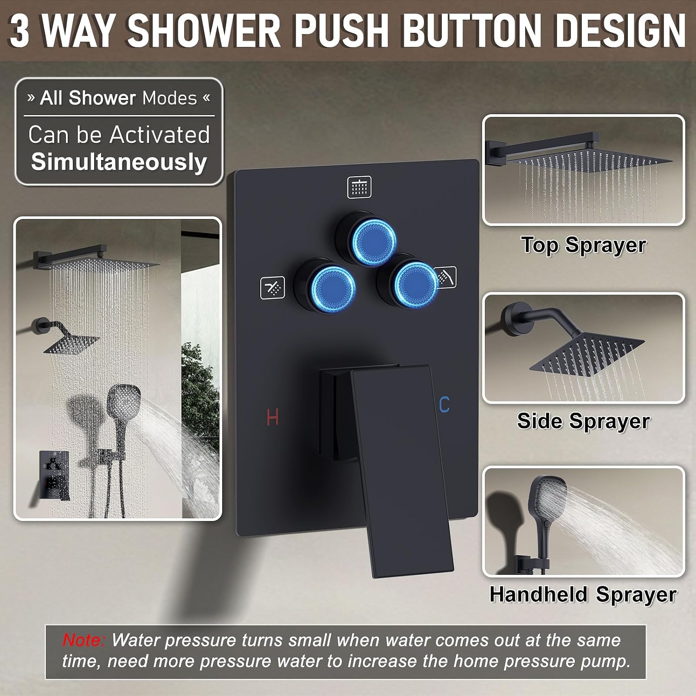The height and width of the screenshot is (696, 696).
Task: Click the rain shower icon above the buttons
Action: [359, 187]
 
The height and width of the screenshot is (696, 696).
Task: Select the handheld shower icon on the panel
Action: [445, 277]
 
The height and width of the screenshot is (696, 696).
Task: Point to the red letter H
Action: [273, 417]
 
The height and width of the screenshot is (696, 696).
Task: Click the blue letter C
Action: [444, 405]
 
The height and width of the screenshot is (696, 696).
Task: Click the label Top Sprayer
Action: [583, 245]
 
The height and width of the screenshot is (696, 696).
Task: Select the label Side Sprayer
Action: [583, 421]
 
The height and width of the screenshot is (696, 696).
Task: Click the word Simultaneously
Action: [119, 162]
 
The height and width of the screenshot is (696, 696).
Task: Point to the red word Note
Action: [84, 640]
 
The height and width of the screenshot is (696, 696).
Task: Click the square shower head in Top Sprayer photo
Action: [589, 158]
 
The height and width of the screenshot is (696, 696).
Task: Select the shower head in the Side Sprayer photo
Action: [587, 348]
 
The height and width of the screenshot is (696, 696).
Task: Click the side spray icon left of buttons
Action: [272, 288]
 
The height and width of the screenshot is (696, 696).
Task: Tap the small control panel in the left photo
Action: [54, 473]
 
